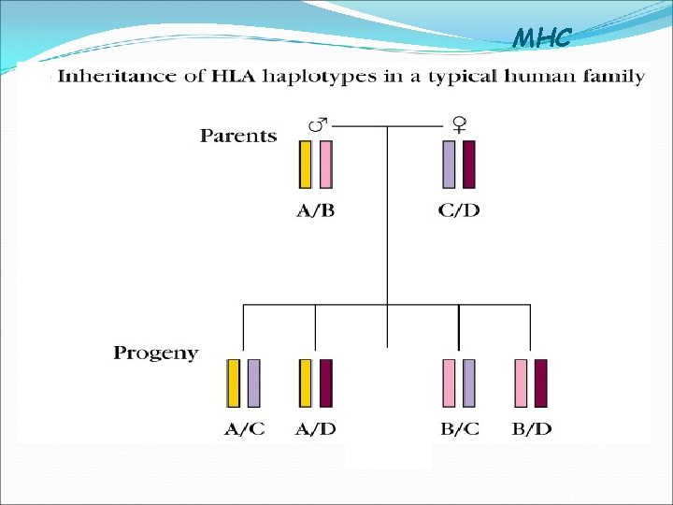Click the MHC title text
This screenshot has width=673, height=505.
pos(541,38)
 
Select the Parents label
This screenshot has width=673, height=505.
pos(238,136)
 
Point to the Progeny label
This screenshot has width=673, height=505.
pos(156,353)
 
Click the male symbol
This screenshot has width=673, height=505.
pos(318,123)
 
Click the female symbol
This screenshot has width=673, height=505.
pos(460,123)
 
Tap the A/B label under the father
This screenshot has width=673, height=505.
pos(316,210)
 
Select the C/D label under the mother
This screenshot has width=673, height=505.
pos(459,210)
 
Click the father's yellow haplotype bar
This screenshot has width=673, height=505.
pos(305,165)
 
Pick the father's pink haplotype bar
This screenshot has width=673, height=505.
pos(325,165)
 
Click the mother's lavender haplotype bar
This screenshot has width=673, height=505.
pos(449,165)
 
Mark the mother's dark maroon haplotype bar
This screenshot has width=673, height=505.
pos(468,165)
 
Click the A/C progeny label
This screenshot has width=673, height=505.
pos(244,429)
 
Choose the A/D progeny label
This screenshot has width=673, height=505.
pos(316,429)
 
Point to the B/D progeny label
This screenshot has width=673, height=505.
pos(531,429)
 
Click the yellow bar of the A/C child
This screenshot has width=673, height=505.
pos(234,383)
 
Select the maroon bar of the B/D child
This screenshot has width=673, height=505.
pos(540,383)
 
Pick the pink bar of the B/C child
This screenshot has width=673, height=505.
pos(449,383)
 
